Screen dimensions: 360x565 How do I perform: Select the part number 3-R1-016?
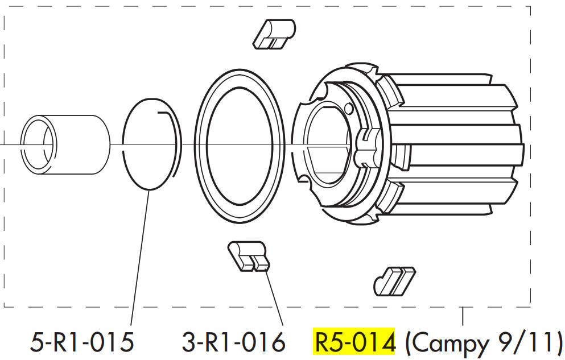point(233,342)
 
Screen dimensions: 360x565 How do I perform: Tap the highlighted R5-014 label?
point(354,342)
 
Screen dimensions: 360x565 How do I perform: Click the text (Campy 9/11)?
point(483,342)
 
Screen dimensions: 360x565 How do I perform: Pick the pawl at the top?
point(274,34)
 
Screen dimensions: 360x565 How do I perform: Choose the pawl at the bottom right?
point(394,280)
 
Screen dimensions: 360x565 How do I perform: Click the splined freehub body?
point(449,148)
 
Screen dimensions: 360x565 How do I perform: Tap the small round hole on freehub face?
point(348,107)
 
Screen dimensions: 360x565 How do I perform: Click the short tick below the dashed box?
point(464,315)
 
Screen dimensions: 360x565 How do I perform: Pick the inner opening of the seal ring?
point(239,145)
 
